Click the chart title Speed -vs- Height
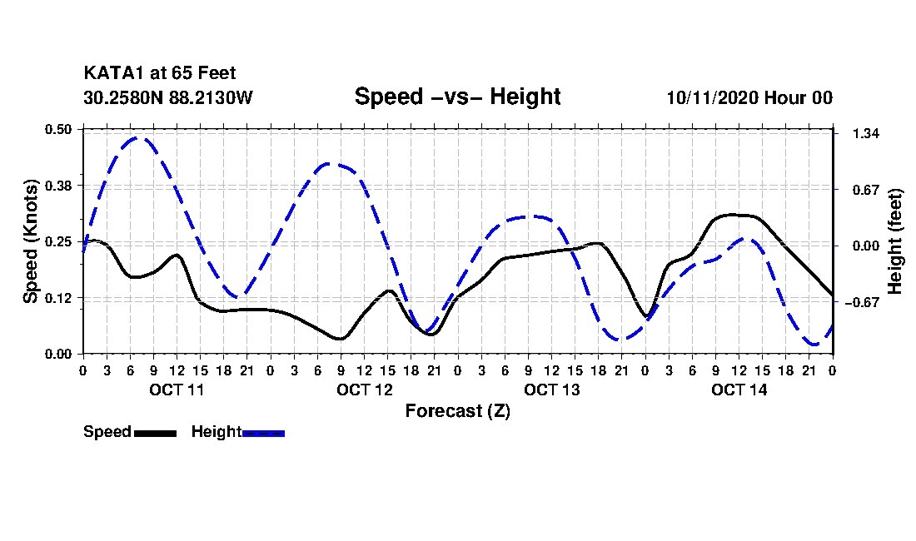(x=457, y=97)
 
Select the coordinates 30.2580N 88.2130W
(x=167, y=97)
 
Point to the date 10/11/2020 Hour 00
(x=749, y=97)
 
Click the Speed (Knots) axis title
(x=31, y=241)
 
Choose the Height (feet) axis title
(x=896, y=241)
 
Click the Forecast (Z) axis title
(x=457, y=410)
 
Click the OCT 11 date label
(x=177, y=390)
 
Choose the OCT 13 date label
(x=551, y=390)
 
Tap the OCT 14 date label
(x=739, y=390)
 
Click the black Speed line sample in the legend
(x=154, y=433)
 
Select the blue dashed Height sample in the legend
(x=263, y=433)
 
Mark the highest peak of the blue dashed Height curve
(x=138, y=138)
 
